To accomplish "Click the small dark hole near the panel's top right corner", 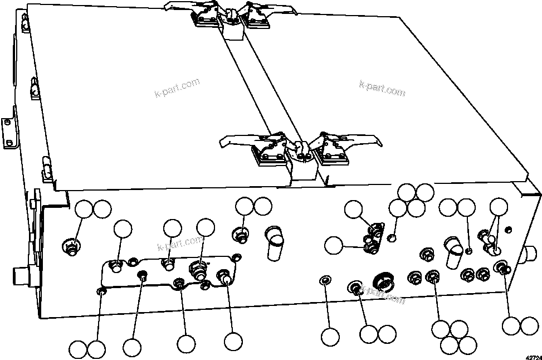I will pos(507,229).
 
